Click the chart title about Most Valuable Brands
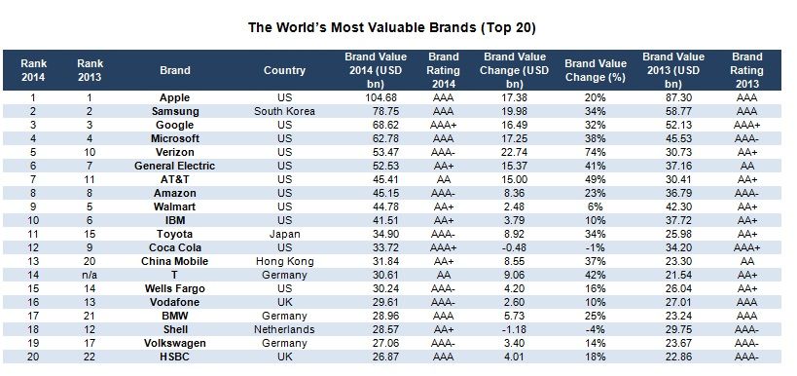[392, 27]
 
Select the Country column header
[284, 70]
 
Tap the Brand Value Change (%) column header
[596, 70]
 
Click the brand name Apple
[174, 97]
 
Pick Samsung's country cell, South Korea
[284, 111]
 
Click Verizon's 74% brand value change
[596, 152]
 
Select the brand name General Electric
[174, 166]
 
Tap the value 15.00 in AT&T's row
[514, 179]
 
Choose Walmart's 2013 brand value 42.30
[673, 207]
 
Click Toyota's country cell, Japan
[284, 234]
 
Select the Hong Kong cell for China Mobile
[284, 261]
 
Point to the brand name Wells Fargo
[174, 288]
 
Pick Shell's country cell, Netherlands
[284, 329]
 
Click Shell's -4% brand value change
[595, 329]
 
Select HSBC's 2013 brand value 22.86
[673, 357]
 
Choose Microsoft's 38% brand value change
[596, 138]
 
